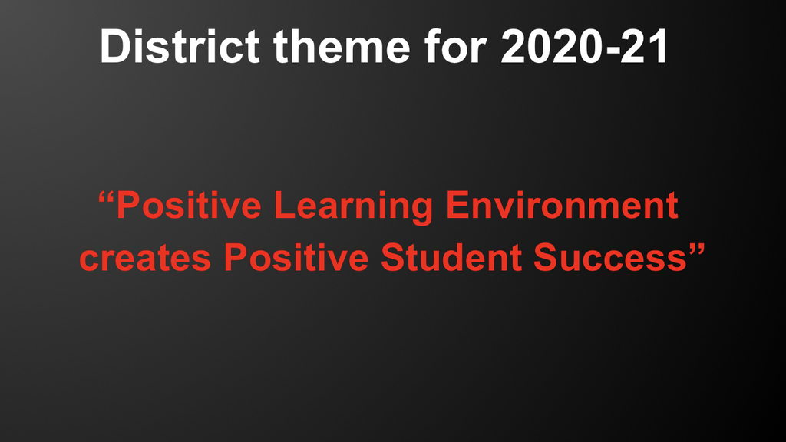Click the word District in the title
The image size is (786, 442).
pos(180,46)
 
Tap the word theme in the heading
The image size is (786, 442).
pos(342,46)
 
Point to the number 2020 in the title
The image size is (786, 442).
pos(550,46)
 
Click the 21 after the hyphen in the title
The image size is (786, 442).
pos(644,46)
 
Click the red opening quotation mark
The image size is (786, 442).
pos(105,197)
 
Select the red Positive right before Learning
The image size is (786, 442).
pos(189,206)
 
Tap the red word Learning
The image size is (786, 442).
pos(353,207)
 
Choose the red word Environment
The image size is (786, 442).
pos(562,206)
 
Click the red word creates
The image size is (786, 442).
pos(145,258)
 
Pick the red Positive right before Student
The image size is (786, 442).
pos(296,257)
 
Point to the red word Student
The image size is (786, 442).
pos(451,257)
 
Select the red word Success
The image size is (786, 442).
pos(609,257)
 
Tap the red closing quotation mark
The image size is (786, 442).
pos(697,249)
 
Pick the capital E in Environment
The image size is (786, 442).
pos(458,206)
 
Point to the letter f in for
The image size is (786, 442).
pos(433,46)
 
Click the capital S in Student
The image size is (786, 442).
pos(395,258)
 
